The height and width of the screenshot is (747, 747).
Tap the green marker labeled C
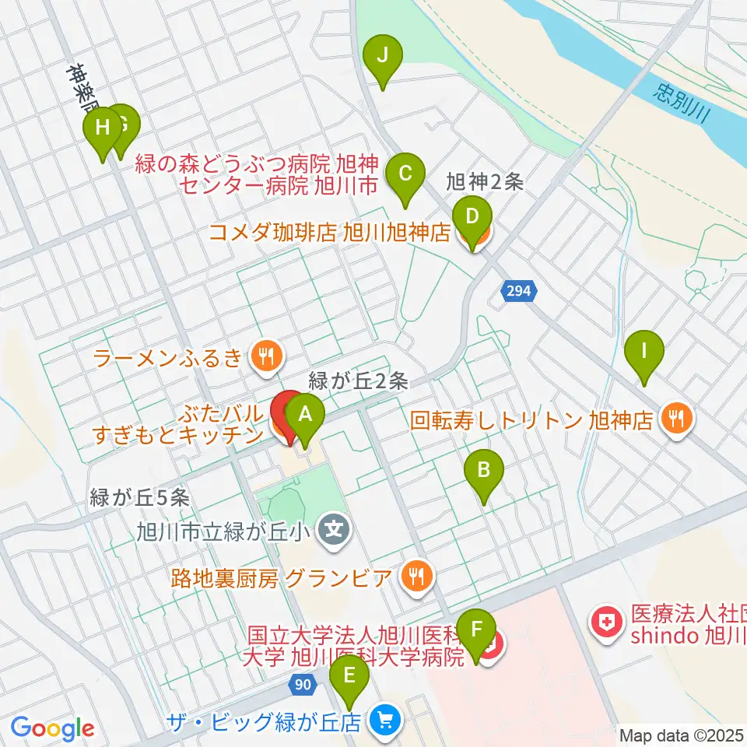pos(405,173)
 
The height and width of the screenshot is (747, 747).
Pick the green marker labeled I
pos(644,349)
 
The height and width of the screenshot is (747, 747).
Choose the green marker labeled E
pos(349,674)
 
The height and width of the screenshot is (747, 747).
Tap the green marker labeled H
pos(103,128)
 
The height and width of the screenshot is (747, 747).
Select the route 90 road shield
pos(304,685)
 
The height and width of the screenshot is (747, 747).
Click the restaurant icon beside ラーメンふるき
pos(266,357)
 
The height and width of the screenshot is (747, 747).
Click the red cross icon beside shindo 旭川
pos(604,621)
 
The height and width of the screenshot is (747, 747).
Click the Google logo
pos(53,728)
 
